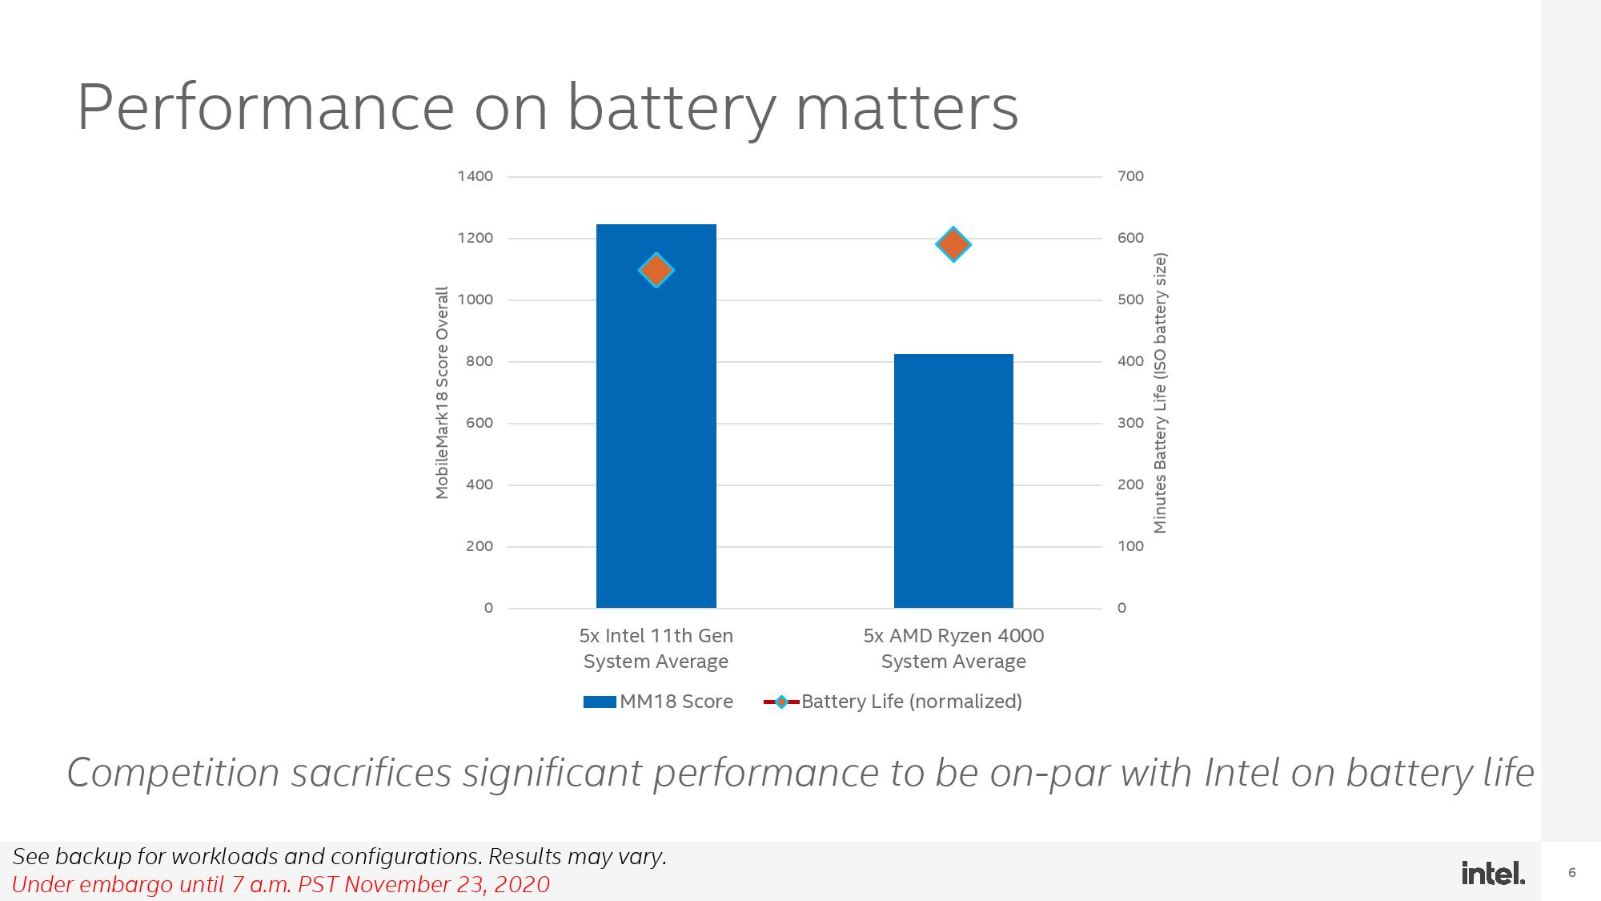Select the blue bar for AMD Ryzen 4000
click(x=953, y=481)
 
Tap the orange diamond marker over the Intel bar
click(x=656, y=270)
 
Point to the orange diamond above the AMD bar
click(x=953, y=244)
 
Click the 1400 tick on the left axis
click(x=475, y=176)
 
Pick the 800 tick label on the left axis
click(x=479, y=361)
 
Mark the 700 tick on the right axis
click(x=1130, y=176)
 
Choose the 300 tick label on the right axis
click(x=1130, y=423)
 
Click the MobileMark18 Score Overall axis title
click(x=442, y=392)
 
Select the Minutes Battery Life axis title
click(x=1160, y=392)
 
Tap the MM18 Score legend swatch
click(x=599, y=702)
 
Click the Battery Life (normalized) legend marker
click(x=781, y=702)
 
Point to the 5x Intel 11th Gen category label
click(x=656, y=648)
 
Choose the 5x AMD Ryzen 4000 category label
click(x=953, y=648)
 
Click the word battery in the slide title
click(x=671, y=107)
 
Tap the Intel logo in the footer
click(x=1493, y=873)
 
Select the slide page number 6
click(x=1572, y=873)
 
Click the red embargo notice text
click(x=281, y=884)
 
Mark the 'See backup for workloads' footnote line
click(x=339, y=857)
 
